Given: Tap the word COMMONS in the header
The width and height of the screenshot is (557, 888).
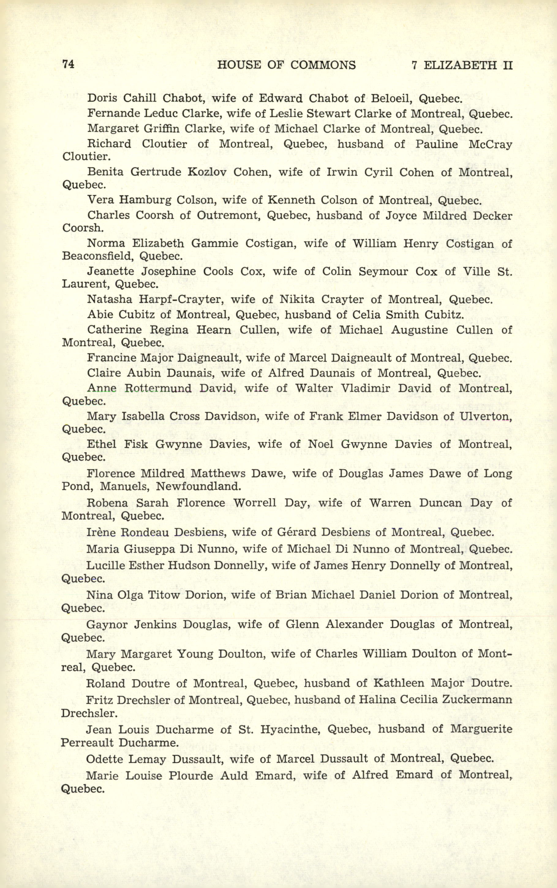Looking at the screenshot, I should click(323, 65).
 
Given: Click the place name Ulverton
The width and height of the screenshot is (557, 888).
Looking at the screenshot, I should click(486, 416).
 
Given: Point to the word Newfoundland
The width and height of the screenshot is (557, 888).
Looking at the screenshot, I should click(198, 486).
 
